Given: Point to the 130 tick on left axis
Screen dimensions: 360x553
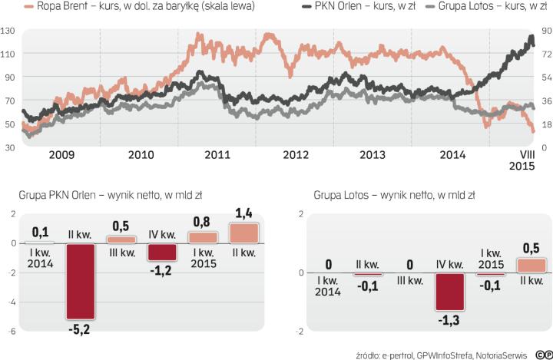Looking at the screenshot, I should [x=9, y=31].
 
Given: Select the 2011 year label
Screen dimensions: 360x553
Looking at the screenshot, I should [x=218, y=155].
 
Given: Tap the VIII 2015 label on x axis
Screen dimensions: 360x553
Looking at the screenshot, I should [x=523, y=160].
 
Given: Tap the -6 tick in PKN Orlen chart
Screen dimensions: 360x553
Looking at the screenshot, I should [x=8, y=332].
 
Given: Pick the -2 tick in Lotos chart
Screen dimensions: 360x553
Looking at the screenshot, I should [x=305, y=332].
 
